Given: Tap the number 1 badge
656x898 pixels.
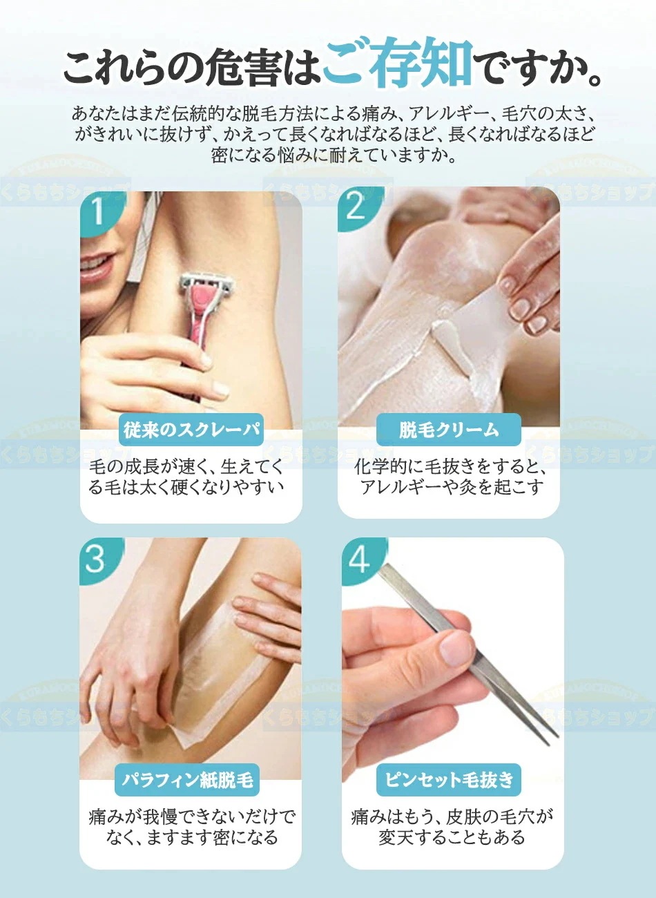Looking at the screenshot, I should (97, 211).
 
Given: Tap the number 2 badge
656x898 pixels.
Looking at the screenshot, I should (356, 207).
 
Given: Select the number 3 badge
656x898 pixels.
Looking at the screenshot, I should (96, 558).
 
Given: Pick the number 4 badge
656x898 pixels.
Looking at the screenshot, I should (359, 559).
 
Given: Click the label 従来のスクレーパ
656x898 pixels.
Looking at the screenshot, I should (191, 430).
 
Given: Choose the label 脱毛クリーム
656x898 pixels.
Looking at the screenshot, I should (449, 430).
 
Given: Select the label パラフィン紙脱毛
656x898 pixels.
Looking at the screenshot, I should (188, 780).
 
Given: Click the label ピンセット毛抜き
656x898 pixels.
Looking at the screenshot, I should (450, 780).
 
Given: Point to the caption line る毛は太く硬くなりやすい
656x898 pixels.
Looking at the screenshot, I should (186, 487).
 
